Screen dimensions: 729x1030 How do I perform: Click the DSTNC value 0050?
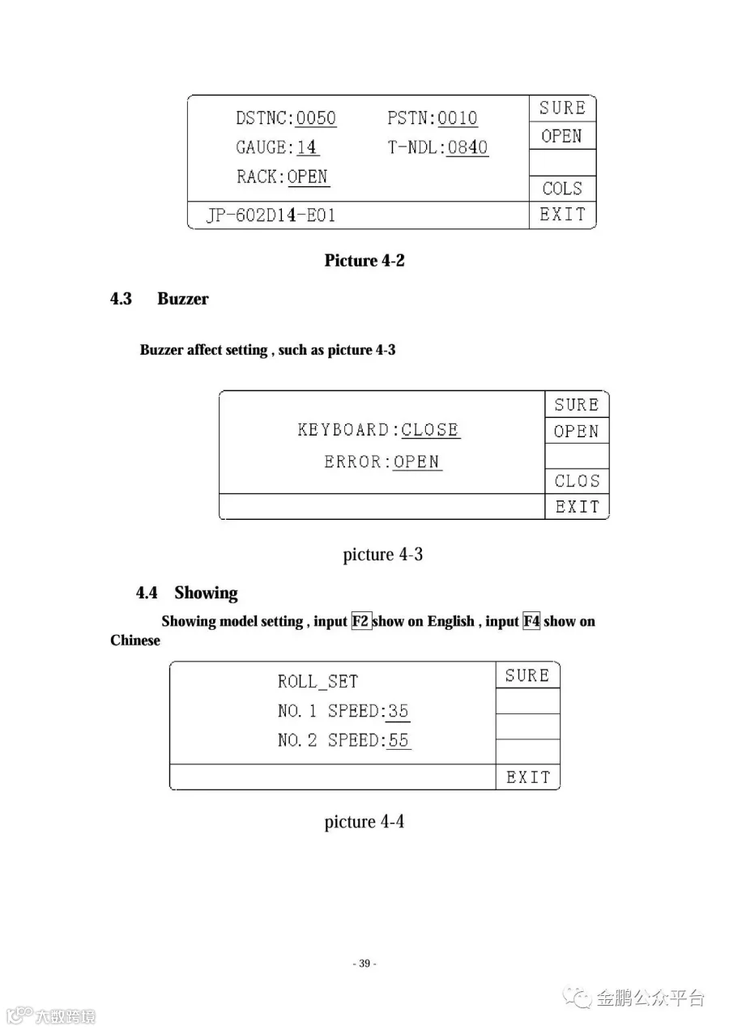click(x=316, y=118)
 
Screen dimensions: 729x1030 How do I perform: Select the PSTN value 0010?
click(x=458, y=118)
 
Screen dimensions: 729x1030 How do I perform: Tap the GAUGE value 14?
click(x=307, y=147)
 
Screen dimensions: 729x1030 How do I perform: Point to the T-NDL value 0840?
click(x=467, y=147)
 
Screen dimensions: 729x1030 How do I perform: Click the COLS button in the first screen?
click(x=562, y=189)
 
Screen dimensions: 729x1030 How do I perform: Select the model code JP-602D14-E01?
click(x=271, y=216)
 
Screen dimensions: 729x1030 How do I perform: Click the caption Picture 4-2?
click(x=364, y=261)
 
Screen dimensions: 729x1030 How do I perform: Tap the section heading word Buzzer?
click(x=183, y=299)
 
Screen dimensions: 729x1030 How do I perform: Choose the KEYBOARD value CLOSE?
click(x=431, y=430)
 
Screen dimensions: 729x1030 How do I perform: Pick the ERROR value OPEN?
click(x=417, y=462)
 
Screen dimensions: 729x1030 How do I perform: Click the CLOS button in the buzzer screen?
click(x=577, y=481)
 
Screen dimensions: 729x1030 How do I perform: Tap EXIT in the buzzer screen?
click(x=577, y=507)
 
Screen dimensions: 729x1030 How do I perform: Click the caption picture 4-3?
click(x=383, y=555)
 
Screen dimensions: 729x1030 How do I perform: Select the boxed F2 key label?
click(x=361, y=622)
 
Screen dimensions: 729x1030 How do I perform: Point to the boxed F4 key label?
click(x=531, y=622)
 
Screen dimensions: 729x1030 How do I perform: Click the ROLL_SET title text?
click(x=318, y=682)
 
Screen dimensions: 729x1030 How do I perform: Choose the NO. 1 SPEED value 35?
click(x=398, y=711)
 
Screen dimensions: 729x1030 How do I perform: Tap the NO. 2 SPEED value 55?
click(x=398, y=740)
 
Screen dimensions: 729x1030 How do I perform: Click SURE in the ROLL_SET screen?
click(x=527, y=675)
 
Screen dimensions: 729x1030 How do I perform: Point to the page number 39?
click(x=364, y=964)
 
